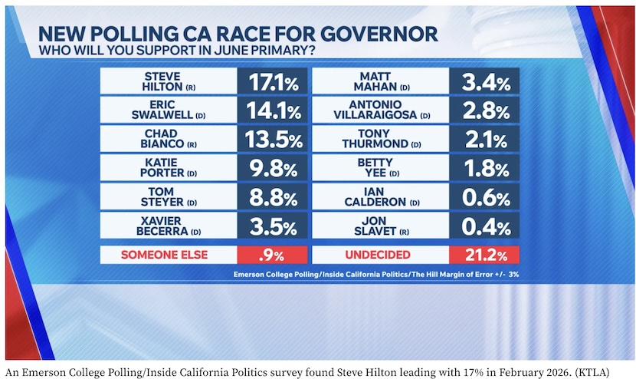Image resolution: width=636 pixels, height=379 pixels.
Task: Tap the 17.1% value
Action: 273,81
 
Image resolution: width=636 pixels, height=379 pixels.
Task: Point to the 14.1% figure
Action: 273,110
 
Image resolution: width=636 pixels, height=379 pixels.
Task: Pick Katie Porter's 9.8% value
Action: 273,169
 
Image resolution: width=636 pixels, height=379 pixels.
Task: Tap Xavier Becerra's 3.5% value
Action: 273,227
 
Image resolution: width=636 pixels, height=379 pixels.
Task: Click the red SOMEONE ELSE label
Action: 166,255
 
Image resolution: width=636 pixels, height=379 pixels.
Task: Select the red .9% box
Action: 273,255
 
